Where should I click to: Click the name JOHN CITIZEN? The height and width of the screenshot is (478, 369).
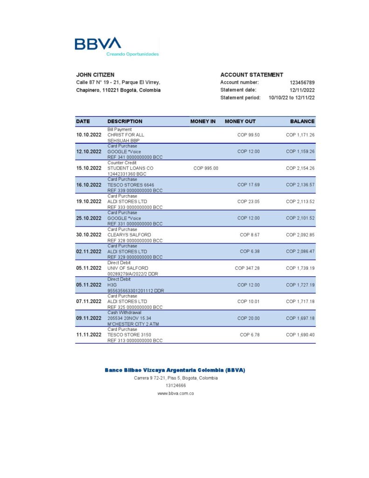(x=95, y=75)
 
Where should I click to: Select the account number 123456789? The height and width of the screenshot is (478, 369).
(x=302, y=83)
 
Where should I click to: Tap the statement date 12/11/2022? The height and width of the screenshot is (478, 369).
(x=302, y=90)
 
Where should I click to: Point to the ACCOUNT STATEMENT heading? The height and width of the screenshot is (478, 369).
(x=251, y=75)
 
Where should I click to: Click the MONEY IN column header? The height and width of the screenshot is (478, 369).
(x=203, y=121)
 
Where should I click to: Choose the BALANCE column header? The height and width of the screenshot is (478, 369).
(x=302, y=121)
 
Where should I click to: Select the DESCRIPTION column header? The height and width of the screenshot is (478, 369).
(x=125, y=121)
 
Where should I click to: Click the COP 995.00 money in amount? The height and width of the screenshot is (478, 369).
(x=206, y=168)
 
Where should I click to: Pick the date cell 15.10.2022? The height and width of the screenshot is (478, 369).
(x=89, y=168)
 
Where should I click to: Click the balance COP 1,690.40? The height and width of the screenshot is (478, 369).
(x=300, y=335)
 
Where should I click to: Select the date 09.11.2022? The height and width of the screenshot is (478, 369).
(x=89, y=318)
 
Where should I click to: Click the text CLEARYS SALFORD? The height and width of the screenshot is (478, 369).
(x=129, y=235)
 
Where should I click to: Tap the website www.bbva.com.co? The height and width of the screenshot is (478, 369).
(x=175, y=394)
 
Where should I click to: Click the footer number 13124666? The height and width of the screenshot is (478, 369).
(x=175, y=386)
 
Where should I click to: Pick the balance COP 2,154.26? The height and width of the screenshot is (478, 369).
(x=300, y=168)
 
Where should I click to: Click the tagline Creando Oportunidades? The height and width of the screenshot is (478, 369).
(x=132, y=54)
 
